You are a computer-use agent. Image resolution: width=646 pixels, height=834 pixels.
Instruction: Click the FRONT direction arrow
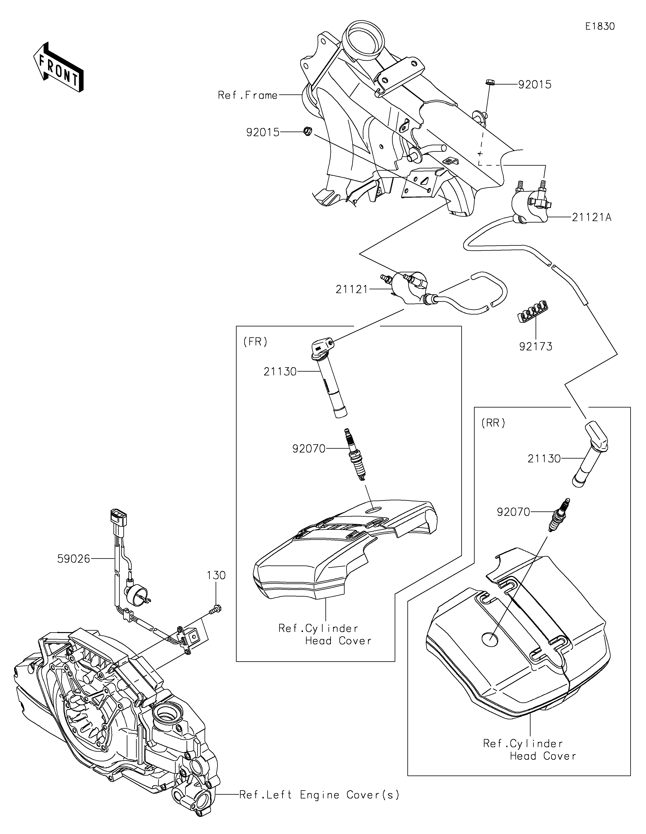click(58, 67)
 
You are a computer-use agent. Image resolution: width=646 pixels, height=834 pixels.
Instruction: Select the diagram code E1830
click(600, 26)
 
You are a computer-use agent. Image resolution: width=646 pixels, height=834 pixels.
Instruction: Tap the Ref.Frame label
click(247, 95)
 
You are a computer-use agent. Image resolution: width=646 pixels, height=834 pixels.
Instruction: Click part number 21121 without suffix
click(351, 289)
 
